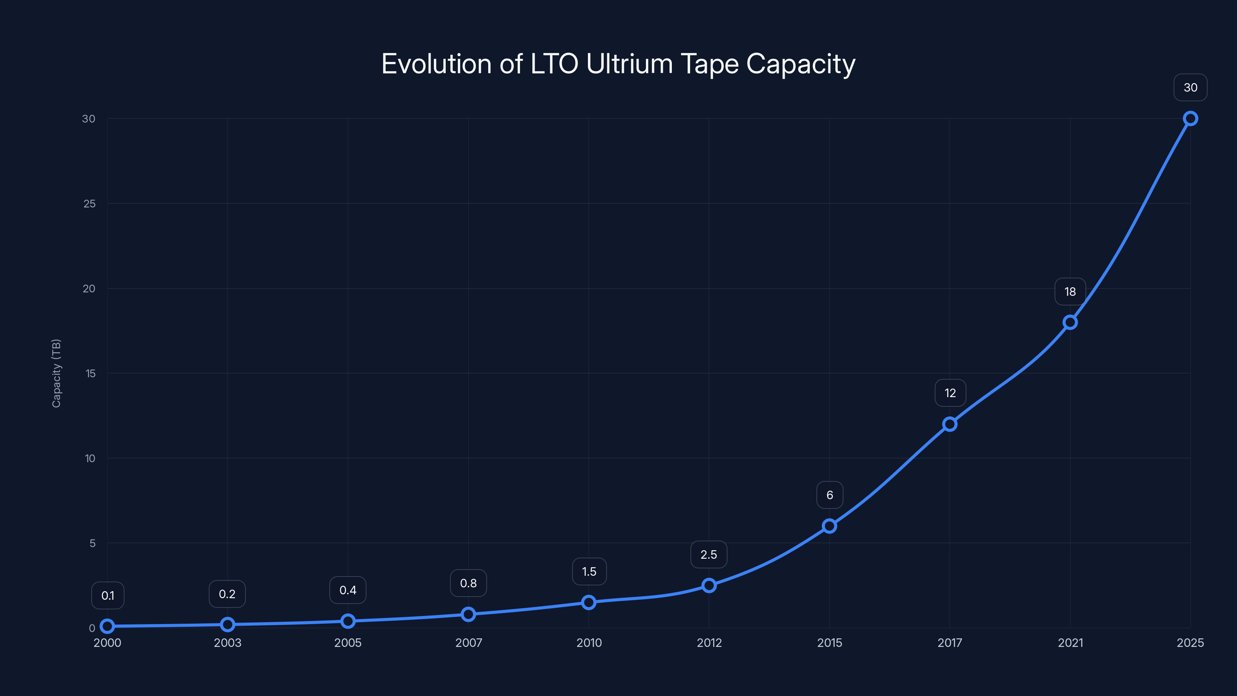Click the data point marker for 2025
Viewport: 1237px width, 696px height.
coord(1190,119)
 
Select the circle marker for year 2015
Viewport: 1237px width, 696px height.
coord(829,526)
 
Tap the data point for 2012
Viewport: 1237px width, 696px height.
coord(709,585)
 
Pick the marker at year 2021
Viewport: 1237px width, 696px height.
coord(1070,322)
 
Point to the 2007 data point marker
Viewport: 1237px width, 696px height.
coord(468,614)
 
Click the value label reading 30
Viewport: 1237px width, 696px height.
coord(1190,87)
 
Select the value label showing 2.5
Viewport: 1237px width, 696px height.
coord(709,555)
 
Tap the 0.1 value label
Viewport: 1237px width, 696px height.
coord(107,595)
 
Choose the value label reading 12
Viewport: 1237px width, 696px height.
coord(950,393)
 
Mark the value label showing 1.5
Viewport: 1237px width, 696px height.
coord(589,571)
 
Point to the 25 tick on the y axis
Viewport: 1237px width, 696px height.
coord(89,204)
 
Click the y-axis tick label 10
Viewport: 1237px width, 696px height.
coord(90,458)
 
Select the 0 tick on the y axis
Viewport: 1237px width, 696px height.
coord(92,628)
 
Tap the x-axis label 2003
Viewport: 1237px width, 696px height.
coord(228,643)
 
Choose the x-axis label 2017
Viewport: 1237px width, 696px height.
coord(950,643)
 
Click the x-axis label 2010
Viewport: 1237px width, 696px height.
coord(589,643)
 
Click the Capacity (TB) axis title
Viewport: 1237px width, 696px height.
coord(56,373)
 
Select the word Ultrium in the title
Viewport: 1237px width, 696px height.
coord(630,64)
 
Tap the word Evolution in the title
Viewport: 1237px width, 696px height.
coord(436,64)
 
